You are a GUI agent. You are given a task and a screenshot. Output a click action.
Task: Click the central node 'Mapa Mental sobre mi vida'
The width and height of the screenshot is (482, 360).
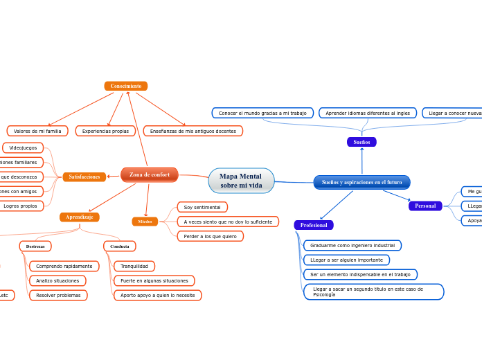point(241,181)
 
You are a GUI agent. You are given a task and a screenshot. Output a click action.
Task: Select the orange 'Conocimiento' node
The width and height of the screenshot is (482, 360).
point(126,86)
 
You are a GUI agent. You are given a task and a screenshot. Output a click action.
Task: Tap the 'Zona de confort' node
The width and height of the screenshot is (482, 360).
point(150,174)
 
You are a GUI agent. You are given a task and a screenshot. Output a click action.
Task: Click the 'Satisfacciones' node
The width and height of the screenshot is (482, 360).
point(84,177)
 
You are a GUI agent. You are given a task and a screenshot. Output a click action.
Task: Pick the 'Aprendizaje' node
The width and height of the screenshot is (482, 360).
point(80,217)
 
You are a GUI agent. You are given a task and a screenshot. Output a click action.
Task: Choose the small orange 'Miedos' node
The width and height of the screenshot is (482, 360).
point(145,222)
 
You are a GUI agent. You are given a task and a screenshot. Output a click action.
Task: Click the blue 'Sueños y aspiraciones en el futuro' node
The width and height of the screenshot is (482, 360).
point(361,182)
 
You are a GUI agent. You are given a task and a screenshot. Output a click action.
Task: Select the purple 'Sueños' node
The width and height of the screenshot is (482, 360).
point(361,142)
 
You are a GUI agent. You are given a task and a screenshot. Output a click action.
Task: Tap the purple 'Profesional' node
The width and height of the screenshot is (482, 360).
point(314,225)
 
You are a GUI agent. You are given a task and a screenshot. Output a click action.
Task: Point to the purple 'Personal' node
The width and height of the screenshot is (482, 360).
point(425,206)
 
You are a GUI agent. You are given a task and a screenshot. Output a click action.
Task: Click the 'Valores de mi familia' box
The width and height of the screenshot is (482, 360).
point(37,131)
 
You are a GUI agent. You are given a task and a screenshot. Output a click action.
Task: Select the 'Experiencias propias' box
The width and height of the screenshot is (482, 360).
point(105,131)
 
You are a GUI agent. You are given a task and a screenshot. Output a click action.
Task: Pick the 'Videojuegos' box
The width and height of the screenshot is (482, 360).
point(24,147)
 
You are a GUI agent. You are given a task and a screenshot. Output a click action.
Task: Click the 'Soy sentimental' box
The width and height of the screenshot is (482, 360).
point(202,207)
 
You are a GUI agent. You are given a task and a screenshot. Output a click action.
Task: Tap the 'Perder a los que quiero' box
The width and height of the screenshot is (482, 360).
point(211,236)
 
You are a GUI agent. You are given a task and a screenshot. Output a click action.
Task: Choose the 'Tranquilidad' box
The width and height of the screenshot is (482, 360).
point(134,266)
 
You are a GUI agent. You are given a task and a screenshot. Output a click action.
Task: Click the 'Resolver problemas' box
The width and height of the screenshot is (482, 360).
point(58,295)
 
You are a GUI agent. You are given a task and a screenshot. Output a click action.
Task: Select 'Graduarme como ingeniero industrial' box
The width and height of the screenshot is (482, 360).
point(352,245)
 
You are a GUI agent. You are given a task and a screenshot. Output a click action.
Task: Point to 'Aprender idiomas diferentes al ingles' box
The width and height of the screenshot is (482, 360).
point(368,113)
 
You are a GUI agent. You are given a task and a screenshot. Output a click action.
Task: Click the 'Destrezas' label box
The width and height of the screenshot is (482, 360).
point(35,246)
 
